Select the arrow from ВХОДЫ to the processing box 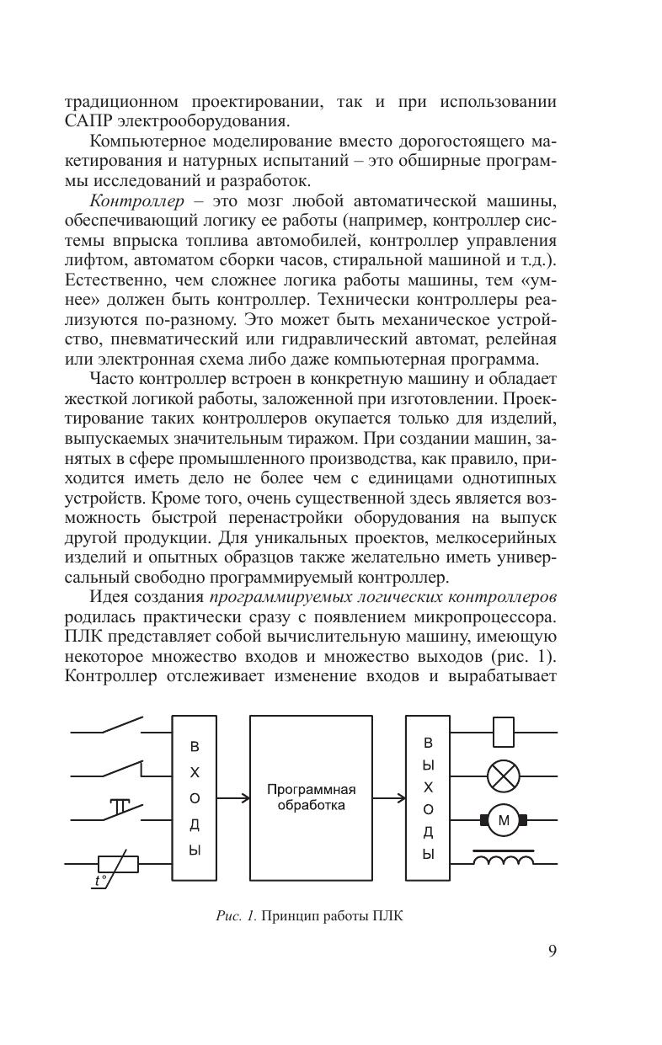click(x=232, y=797)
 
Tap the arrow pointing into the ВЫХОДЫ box click(x=389, y=797)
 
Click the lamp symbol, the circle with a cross click(x=502, y=776)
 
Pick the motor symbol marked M click(x=503, y=819)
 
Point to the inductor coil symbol click(x=503, y=860)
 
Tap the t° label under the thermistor click(x=101, y=881)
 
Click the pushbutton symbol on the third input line click(x=120, y=808)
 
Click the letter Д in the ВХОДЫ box click(x=195, y=824)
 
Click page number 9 click(x=552, y=952)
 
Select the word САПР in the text click(x=88, y=120)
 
